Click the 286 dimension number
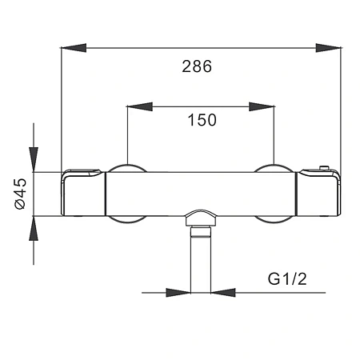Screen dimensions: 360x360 pyautogui.click(x=197, y=66)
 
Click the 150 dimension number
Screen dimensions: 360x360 pyautogui.click(x=202, y=120)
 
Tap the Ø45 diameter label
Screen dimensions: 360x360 pyautogui.click(x=21, y=194)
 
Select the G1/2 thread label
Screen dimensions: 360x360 pyautogui.click(x=287, y=279)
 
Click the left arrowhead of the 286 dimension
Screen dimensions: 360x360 pyautogui.click(x=74, y=48)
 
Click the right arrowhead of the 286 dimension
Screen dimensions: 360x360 pyautogui.click(x=328, y=48)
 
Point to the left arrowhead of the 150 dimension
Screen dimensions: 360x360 pyautogui.click(x=139, y=106)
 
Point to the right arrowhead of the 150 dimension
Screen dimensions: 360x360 pyautogui.click(x=262, y=106)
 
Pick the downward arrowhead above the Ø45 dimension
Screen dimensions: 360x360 pyautogui.click(x=34, y=159)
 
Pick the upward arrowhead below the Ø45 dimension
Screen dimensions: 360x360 pyautogui.click(x=34, y=228)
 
